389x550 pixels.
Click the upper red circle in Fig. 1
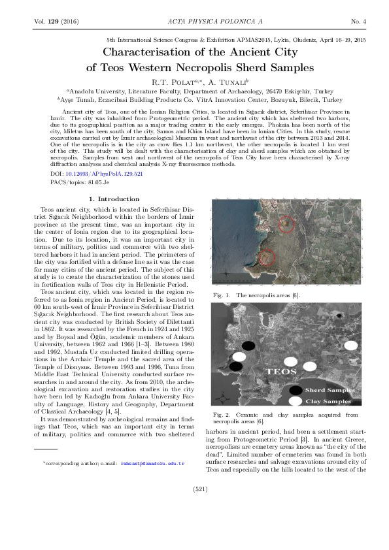[x=286, y=224]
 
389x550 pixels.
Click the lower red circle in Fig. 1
[x=265, y=257]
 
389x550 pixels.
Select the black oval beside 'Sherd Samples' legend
[x=296, y=390]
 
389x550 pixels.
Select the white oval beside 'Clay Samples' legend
[x=296, y=400]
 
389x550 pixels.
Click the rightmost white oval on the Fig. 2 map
[x=352, y=345]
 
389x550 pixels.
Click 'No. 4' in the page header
[x=358, y=22]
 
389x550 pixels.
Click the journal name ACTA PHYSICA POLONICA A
[x=194, y=22]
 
